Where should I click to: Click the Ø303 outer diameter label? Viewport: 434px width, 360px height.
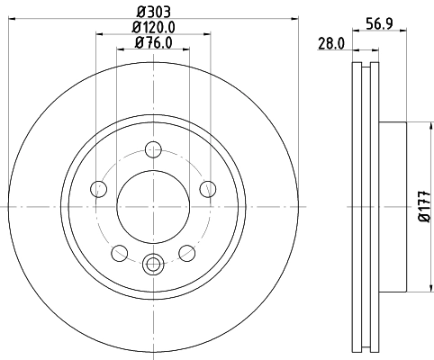tap(153, 12)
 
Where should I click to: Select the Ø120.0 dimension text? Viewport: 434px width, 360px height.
tap(153, 27)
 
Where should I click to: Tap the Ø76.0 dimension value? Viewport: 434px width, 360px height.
tap(153, 42)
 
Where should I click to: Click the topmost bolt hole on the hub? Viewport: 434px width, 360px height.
tap(153, 149)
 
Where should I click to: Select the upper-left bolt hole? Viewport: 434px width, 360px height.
tap(98, 188)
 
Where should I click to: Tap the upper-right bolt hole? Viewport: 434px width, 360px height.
tap(208, 188)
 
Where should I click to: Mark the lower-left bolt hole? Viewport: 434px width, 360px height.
tap(119, 253)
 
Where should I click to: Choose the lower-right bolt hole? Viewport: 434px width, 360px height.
tap(187, 253)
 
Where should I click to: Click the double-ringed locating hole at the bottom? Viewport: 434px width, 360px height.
tap(153, 264)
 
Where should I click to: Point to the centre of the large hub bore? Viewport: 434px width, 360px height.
tap(153, 206)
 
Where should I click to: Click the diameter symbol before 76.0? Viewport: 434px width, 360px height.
tap(138, 42)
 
